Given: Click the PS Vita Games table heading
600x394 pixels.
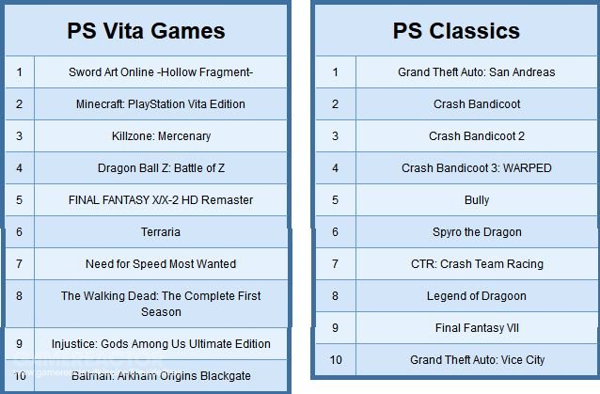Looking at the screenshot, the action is (146, 31).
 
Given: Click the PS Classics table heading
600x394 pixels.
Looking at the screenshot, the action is (456, 31).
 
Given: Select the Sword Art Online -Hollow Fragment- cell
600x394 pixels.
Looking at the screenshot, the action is (161, 71).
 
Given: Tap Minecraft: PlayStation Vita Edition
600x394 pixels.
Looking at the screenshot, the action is (161, 104).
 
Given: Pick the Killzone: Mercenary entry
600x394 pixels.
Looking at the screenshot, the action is (161, 136).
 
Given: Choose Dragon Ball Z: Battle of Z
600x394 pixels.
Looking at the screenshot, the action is (161, 168).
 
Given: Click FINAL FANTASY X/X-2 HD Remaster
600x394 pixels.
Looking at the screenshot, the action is (161, 199).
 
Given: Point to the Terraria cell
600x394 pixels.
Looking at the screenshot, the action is (161, 232).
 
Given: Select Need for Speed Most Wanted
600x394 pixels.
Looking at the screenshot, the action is (161, 264).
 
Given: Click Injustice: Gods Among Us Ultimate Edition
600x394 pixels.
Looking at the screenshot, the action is (161, 343).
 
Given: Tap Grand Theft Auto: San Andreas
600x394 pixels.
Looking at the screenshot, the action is (477, 71).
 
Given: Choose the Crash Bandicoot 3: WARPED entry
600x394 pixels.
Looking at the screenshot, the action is (477, 168).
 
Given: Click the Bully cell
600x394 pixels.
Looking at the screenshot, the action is (477, 200).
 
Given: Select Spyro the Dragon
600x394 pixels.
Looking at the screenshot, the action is (477, 232).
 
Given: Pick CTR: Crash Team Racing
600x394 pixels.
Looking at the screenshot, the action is (477, 264).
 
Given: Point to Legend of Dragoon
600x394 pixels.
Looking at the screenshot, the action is (477, 296).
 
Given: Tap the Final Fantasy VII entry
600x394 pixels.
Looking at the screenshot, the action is (477, 328).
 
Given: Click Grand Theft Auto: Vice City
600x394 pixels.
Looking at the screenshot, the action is (477, 360).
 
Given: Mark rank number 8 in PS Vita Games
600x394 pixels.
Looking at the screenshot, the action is (19, 295).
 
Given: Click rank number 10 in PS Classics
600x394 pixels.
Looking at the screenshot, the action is (336, 360).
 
